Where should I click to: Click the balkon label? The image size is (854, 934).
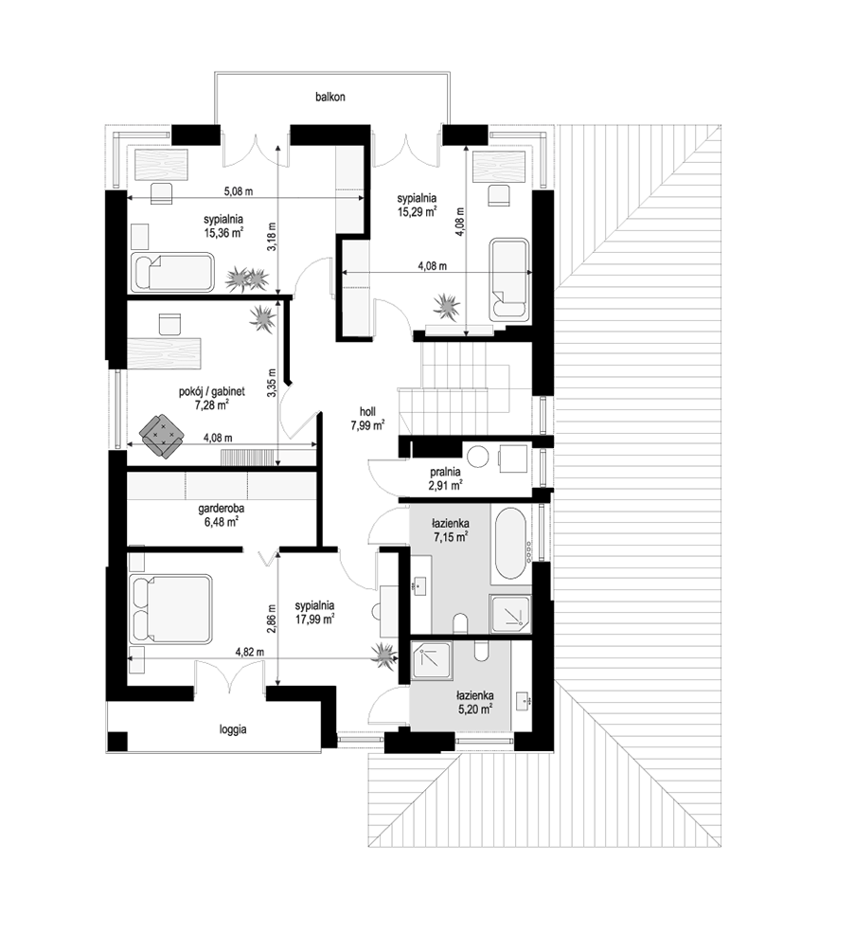click(x=329, y=97)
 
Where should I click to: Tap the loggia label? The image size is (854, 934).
click(x=232, y=729)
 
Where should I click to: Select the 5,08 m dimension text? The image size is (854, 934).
click(x=239, y=191)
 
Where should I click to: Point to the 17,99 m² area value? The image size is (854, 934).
click(x=314, y=620)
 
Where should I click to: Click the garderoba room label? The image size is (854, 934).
click(x=222, y=510)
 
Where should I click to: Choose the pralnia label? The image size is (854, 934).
click(x=445, y=473)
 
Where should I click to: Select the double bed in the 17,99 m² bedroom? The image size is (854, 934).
click(x=170, y=608)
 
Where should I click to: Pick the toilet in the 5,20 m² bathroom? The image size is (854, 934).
click(x=482, y=651)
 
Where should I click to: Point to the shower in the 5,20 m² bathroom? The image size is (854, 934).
click(x=432, y=661)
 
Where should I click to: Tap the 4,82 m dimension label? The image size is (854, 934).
click(x=250, y=652)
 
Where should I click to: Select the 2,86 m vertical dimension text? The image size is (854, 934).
click(x=272, y=620)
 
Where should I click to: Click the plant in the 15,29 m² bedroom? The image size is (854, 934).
click(x=447, y=306)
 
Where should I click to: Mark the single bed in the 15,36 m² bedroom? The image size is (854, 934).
click(x=171, y=273)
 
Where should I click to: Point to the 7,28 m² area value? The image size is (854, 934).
click(x=212, y=405)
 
